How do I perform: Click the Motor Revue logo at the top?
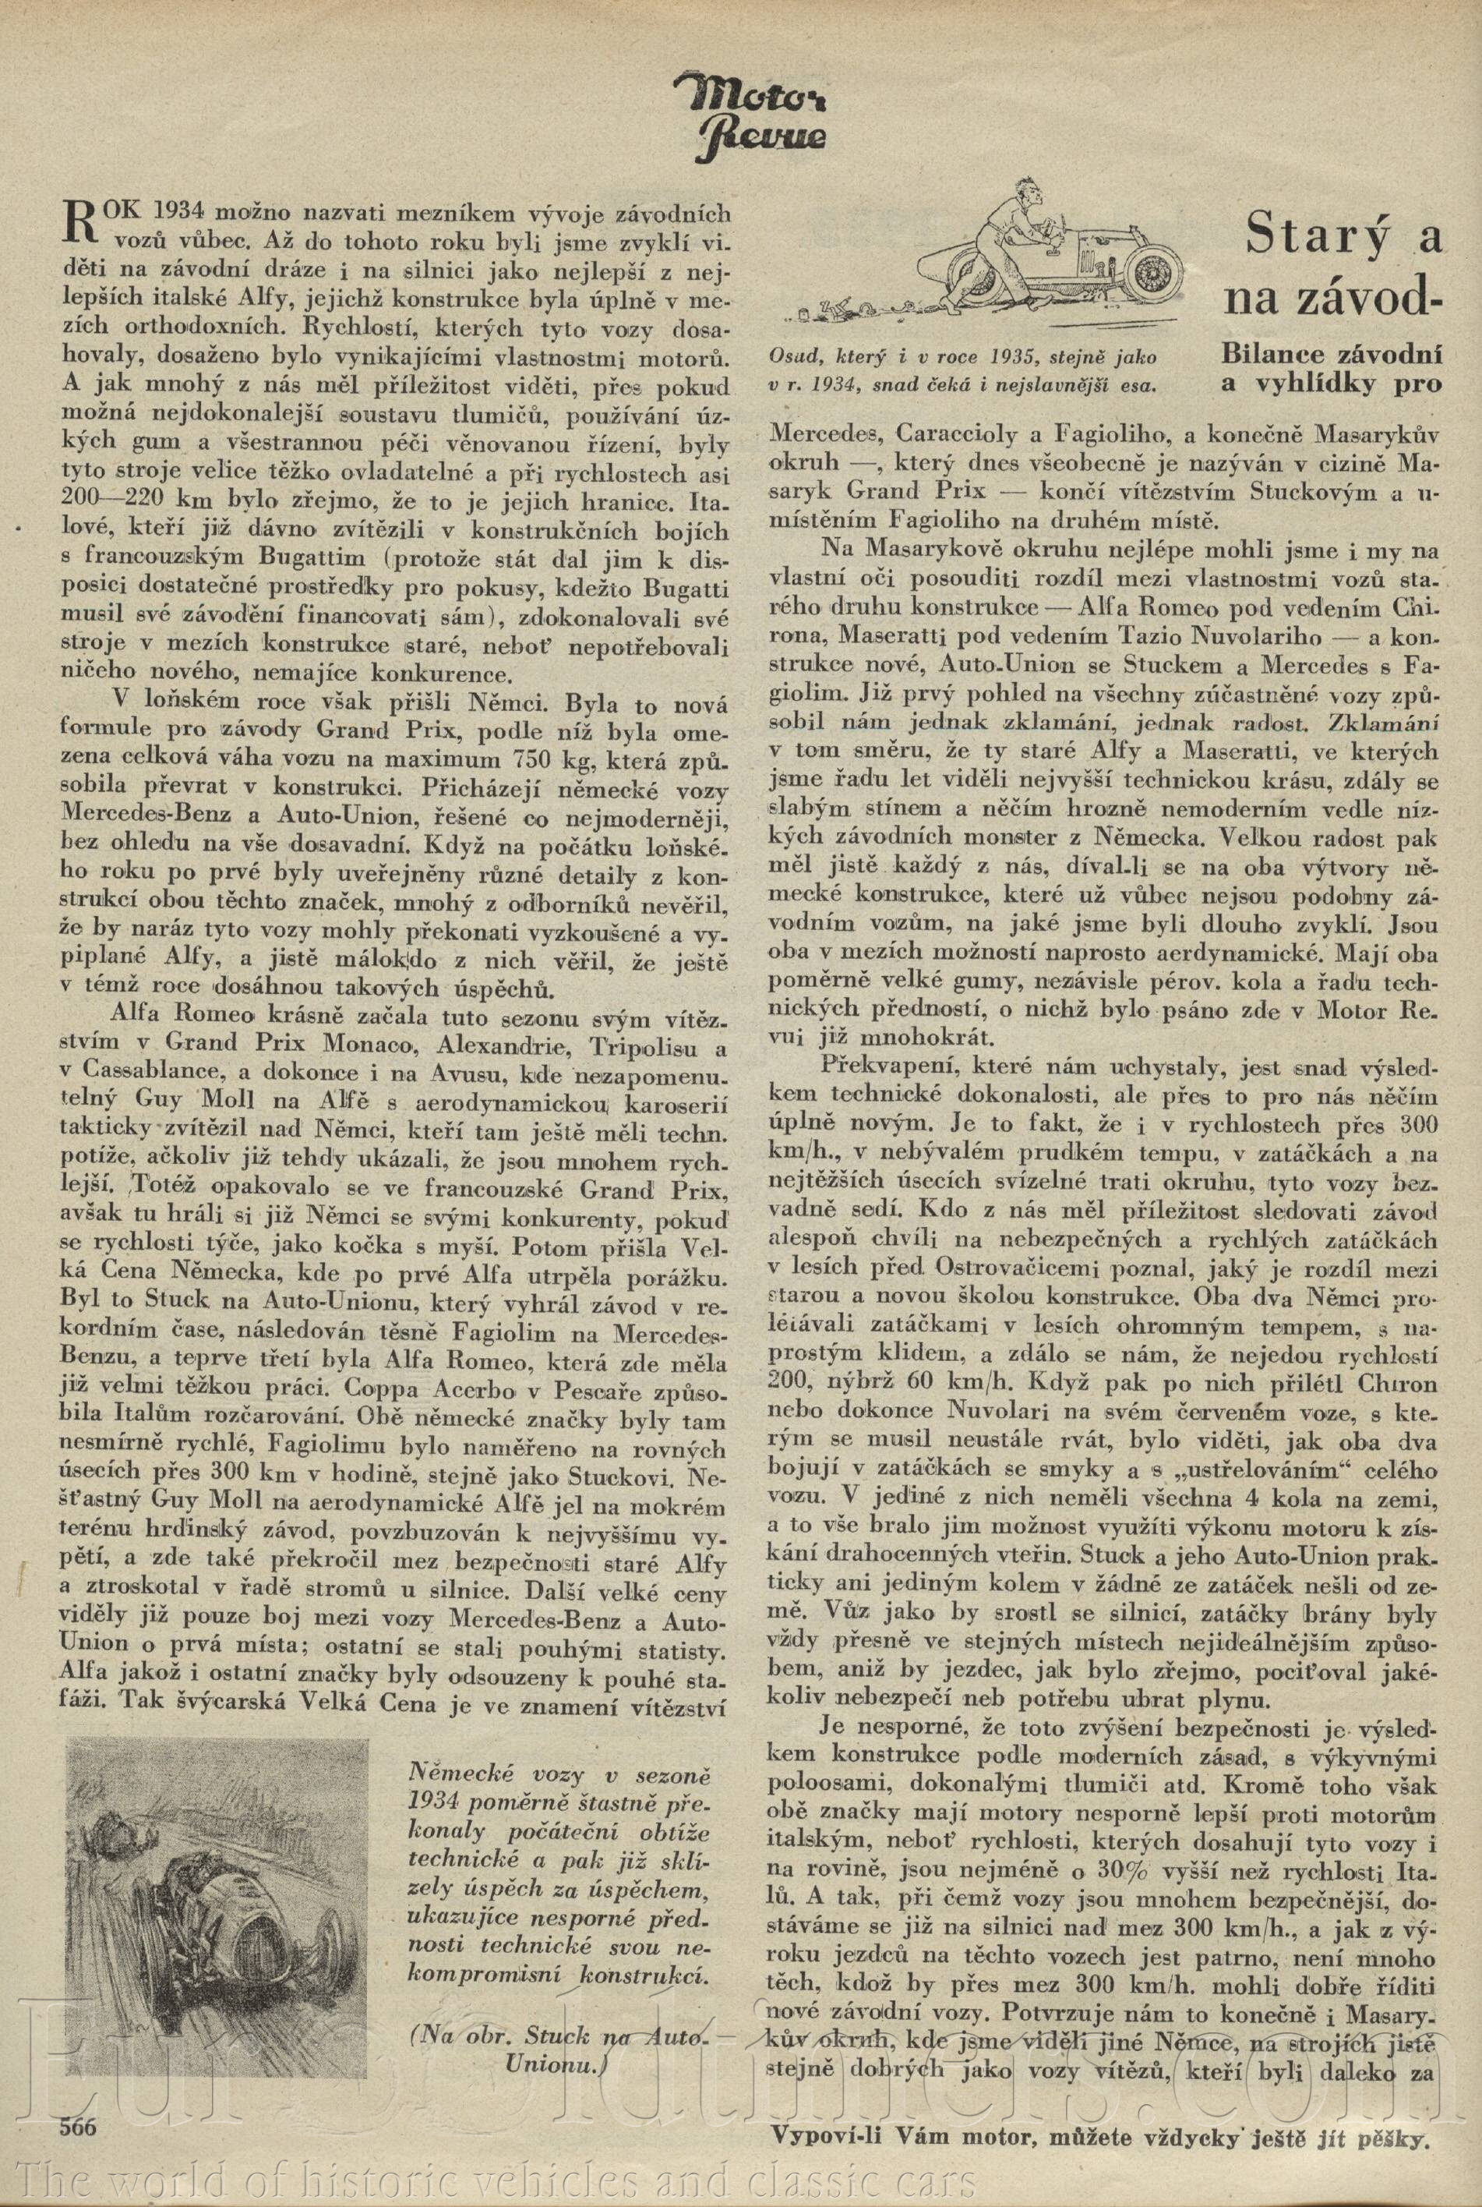pyautogui.click(x=750, y=115)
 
